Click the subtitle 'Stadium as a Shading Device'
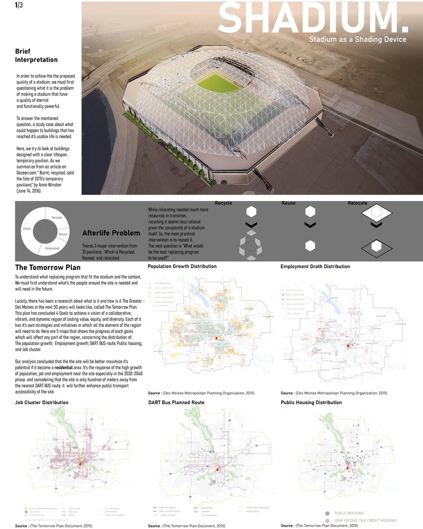pyautogui.click(x=357, y=39)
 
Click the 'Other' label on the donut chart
pyautogui.click(x=27, y=229)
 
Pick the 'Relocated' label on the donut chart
pyautogui.click(x=52, y=248)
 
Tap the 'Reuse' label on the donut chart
pyautogui.click(x=63, y=234)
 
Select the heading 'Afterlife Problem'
pyautogui.click(x=111, y=233)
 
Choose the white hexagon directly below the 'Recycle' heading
pyautogui.click(x=251, y=212)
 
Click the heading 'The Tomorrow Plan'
pyautogui.click(x=47, y=267)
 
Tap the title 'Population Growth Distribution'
pyautogui.click(x=182, y=267)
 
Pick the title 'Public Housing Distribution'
pyautogui.click(x=311, y=403)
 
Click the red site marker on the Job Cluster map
pyautogui.click(x=81, y=463)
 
